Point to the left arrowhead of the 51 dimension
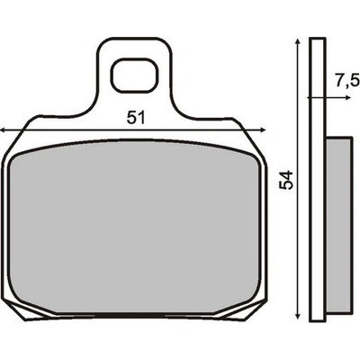click(x=5, y=130)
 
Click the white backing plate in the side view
click(x=316, y=180)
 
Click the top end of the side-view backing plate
click(x=316, y=41)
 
